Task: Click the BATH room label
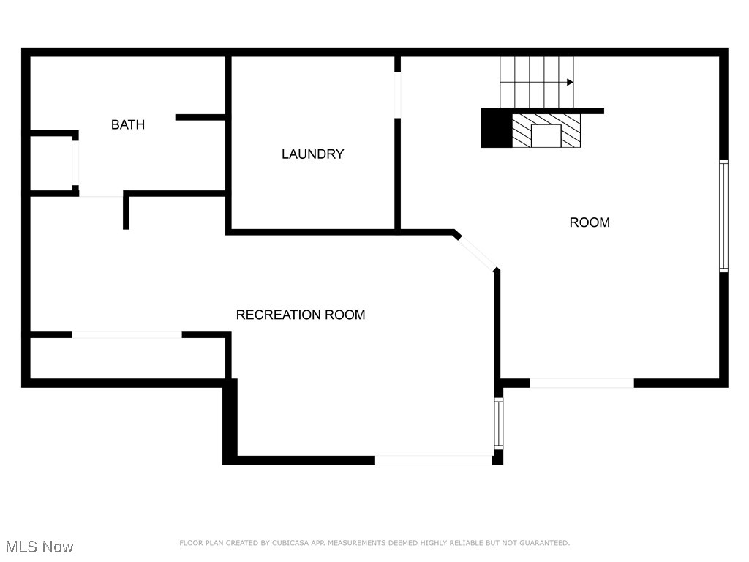[128, 124]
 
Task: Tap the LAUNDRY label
[312, 154]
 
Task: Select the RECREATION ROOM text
[301, 315]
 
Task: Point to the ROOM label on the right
[590, 222]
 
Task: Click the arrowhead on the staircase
[569, 83]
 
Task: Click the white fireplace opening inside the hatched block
[546, 136]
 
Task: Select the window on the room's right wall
[723, 216]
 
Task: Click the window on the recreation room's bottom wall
[434, 460]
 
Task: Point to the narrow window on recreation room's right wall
[499, 423]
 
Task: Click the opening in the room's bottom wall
[581, 383]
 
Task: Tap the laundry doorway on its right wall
[398, 94]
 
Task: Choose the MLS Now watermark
[39, 547]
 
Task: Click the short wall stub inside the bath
[200, 117]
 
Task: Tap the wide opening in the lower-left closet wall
[127, 334]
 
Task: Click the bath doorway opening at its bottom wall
[100, 194]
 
